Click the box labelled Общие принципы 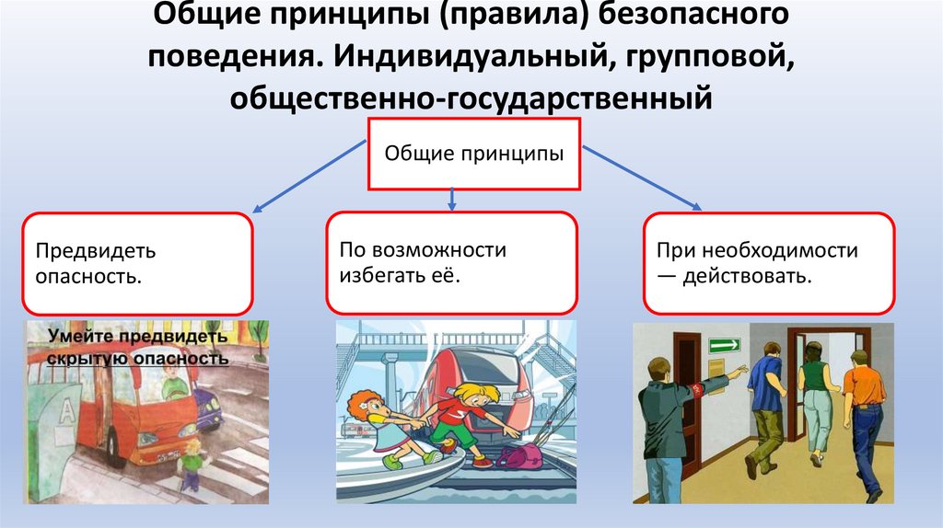click(473, 153)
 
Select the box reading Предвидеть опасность click(137, 263)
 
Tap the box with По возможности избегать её click(451, 261)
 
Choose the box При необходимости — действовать click(768, 263)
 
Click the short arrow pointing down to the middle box click(451, 197)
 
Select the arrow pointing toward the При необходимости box click(641, 176)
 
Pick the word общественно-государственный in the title click(471, 96)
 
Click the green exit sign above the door click(724, 345)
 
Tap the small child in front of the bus click(192, 464)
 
